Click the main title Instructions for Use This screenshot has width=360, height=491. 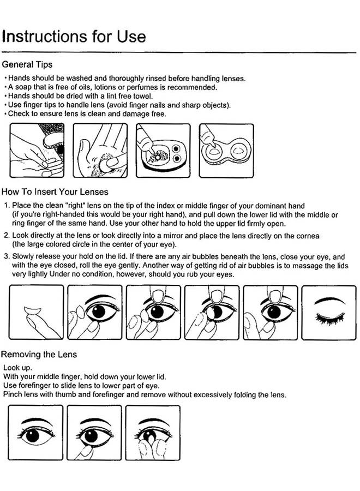tap(74, 36)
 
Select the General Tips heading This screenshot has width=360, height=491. tap(27, 64)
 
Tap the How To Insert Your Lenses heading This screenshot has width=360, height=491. tap(55, 191)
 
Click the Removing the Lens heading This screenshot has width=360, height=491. tap(40, 354)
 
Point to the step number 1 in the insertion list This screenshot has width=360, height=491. tap(6, 205)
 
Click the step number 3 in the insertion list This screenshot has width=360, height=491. tap(6, 256)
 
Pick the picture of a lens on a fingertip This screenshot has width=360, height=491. tap(37, 312)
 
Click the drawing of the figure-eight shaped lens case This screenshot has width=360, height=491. tap(225, 151)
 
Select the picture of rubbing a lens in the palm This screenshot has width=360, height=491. tap(100, 151)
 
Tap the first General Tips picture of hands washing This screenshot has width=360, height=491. tap(37, 151)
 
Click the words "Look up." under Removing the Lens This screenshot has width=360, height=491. tap(16, 368)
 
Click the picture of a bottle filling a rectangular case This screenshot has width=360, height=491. tap(163, 151)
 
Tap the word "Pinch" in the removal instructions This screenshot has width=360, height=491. tap(13, 394)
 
